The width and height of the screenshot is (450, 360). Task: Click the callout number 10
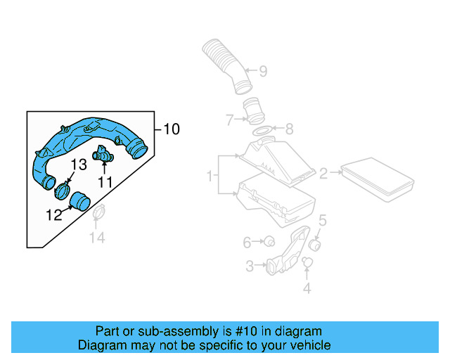click(x=172, y=129)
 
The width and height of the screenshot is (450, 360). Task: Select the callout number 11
click(x=105, y=182)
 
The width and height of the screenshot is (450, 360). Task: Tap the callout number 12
click(x=54, y=216)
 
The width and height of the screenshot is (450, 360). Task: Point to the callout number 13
click(x=78, y=165)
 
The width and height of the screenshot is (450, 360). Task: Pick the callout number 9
click(x=262, y=71)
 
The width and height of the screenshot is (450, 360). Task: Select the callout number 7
click(x=230, y=120)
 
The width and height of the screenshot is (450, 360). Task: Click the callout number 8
click(x=289, y=129)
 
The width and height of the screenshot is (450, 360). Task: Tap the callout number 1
click(x=209, y=175)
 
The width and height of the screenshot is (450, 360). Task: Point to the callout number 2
click(x=323, y=173)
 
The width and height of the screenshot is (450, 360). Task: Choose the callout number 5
click(x=322, y=221)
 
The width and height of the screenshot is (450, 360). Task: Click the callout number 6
click(x=247, y=243)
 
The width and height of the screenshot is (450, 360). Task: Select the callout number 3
click(x=250, y=266)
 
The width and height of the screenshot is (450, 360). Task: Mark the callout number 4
click(x=307, y=288)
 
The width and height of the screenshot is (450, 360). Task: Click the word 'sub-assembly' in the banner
click(x=167, y=331)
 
